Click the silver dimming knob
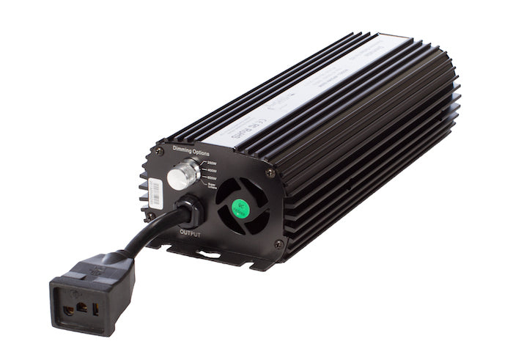pyautogui.click(x=178, y=178)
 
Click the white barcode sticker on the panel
pyautogui.click(x=151, y=192)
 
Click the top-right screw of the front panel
pyautogui.click(x=270, y=173)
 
